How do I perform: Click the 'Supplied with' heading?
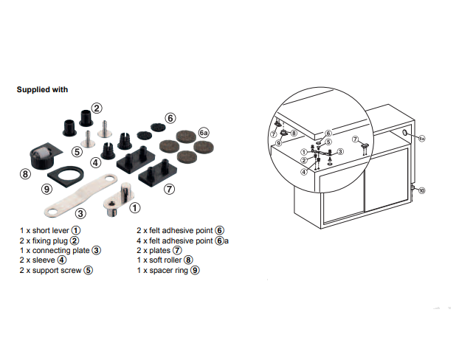tap(42, 89)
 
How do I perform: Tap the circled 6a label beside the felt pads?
tap(204, 132)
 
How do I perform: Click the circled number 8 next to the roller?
tap(26, 175)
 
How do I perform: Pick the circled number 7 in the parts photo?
tap(169, 189)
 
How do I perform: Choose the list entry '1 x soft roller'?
tap(164, 260)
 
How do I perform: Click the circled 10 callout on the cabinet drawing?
tap(421, 190)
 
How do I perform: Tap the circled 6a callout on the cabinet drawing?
tap(421, 139)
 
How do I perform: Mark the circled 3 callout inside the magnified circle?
tap(341, 151)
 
